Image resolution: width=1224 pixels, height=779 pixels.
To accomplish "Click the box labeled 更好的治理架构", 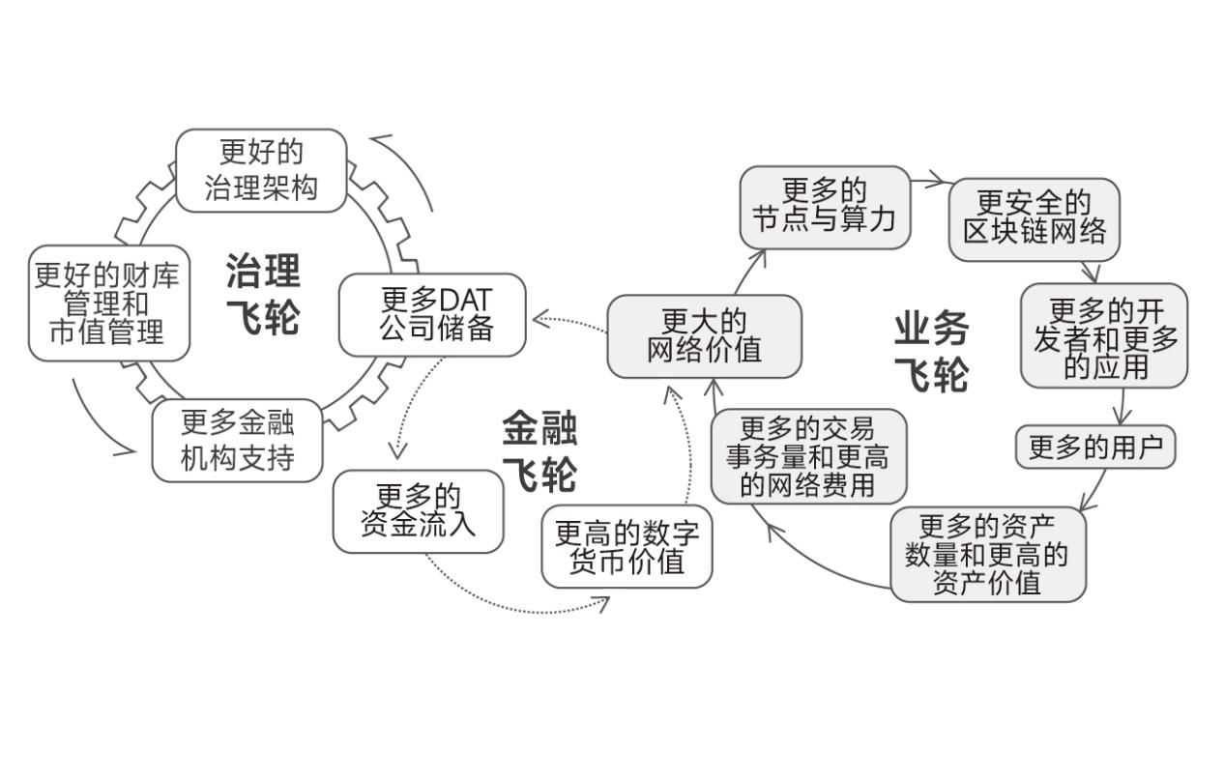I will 260,170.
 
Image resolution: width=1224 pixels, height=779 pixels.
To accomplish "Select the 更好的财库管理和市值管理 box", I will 108,303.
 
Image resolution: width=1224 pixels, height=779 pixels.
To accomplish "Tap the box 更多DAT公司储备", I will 432,315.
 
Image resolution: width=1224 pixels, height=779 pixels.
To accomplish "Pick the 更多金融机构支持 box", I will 237,440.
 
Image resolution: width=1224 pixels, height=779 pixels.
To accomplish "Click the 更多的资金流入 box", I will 418,511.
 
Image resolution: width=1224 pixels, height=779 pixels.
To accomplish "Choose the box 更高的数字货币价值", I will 627,546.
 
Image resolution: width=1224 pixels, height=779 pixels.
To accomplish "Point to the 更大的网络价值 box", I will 704,336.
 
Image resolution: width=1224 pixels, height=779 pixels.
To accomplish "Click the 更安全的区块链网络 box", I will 1034,219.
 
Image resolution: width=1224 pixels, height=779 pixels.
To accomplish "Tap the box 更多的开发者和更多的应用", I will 1104,336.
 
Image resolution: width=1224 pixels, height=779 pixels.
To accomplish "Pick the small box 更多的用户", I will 1094,447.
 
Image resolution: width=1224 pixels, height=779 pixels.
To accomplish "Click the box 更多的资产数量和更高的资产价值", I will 987,554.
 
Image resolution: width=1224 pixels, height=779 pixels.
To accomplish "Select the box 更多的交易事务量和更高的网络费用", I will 808,456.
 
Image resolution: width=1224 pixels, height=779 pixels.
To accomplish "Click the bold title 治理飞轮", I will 263,294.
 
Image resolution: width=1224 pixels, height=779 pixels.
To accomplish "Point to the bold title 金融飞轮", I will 539,451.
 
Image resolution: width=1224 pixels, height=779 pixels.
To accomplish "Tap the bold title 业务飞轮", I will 930,352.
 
